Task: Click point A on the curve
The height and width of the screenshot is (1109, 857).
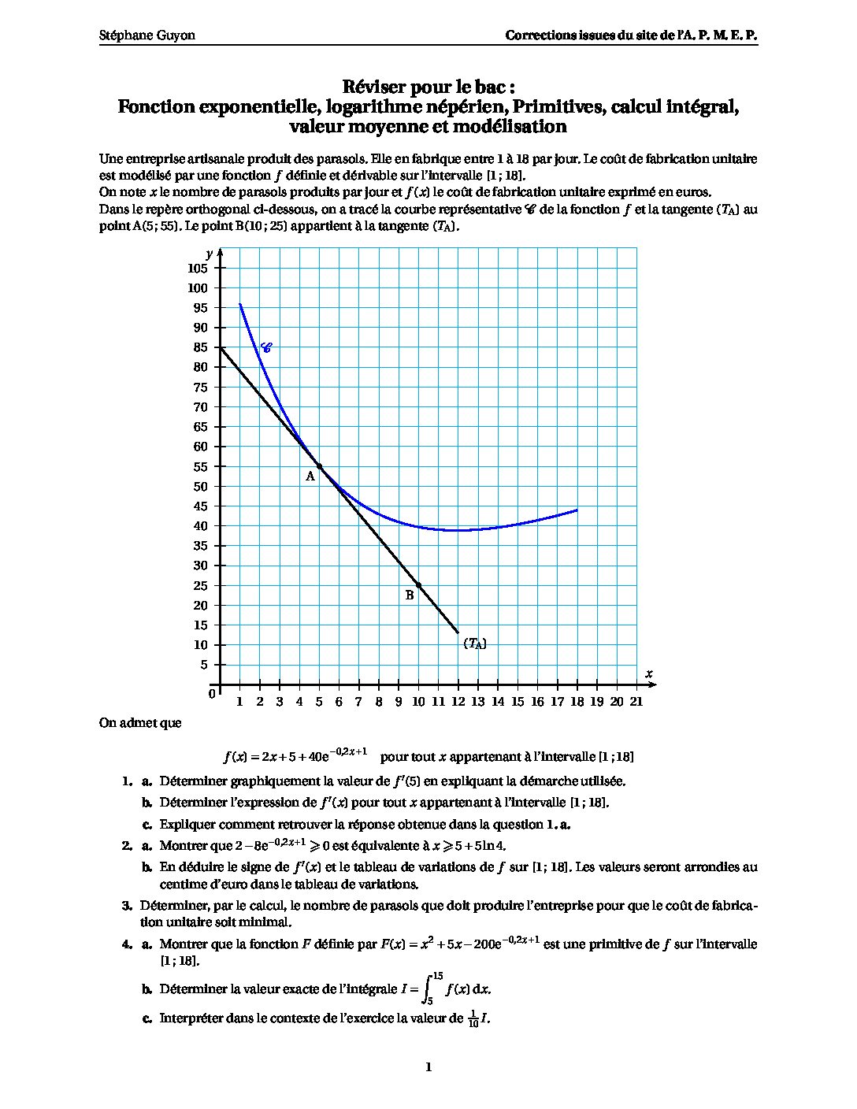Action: click(x=319, y=466)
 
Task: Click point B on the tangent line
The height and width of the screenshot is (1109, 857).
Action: click(x=418, y=585)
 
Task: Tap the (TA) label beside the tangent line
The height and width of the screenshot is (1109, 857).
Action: click(x=475, y=644)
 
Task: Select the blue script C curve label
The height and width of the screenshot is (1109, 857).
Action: click(x=266, y=347)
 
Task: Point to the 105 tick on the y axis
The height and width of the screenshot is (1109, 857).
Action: click(x=198, y=269)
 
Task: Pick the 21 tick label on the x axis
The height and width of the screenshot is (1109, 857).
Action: click(x=636, y=702)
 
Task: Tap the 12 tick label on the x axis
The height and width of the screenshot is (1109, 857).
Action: click(x=458, y=702)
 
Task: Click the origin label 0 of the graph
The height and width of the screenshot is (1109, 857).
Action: click(x=212, y=694)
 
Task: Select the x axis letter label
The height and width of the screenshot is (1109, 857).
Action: click(x=649, y=673)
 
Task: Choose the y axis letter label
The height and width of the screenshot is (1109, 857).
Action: click(x=210, y=253)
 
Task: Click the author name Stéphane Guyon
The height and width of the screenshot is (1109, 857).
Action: click(x=147, y=35)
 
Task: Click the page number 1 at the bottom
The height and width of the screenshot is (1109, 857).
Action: click(x=428, y=1067)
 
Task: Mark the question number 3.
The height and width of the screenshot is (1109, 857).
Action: click(x=127, y=905)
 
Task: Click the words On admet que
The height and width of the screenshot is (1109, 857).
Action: click(x=140, y=723)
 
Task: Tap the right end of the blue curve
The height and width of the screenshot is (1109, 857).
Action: click(x=577, y=510)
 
